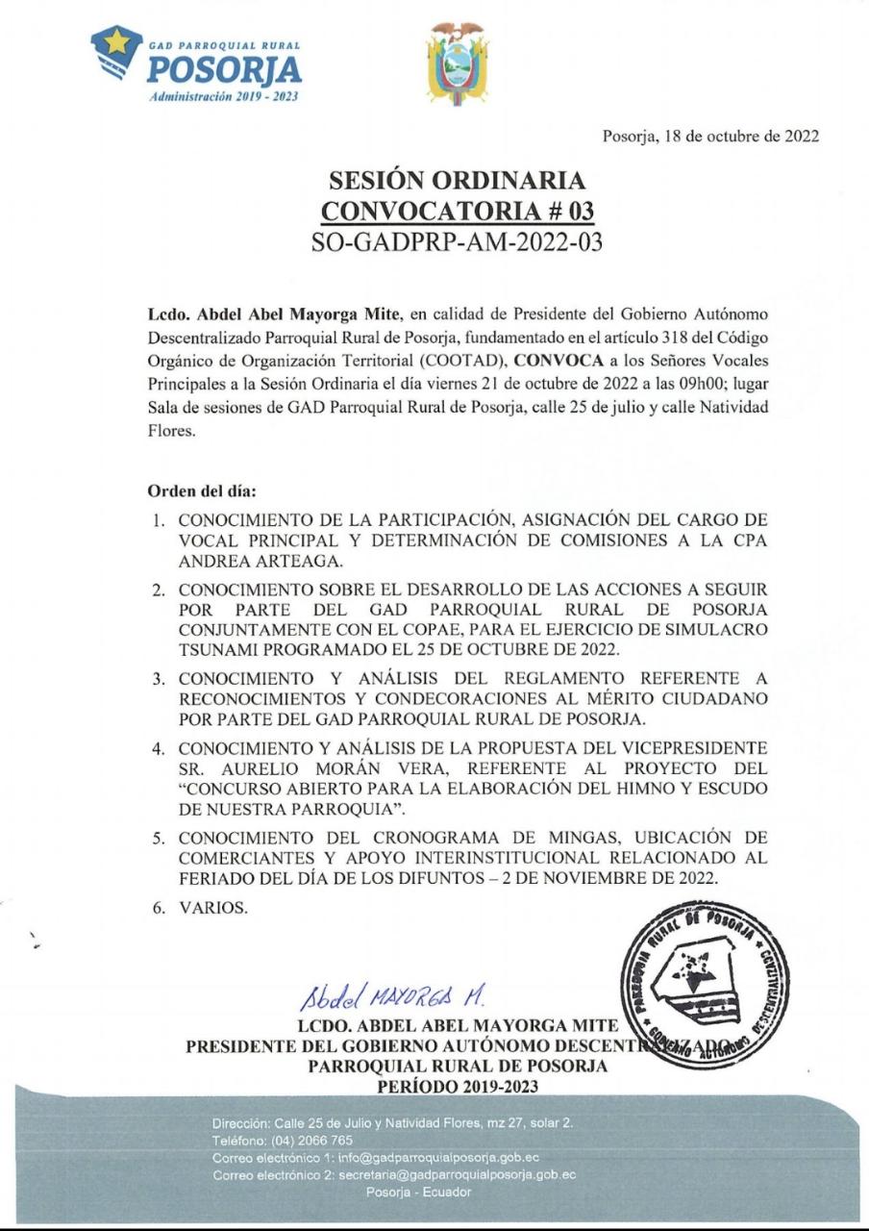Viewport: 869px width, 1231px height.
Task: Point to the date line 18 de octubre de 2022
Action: [709, 136]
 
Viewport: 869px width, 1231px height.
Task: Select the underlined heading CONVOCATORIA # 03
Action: [457, 211]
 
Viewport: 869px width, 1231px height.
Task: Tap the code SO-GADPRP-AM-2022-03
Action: [457, 242]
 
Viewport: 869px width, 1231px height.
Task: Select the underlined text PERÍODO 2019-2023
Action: [457, 1086]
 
